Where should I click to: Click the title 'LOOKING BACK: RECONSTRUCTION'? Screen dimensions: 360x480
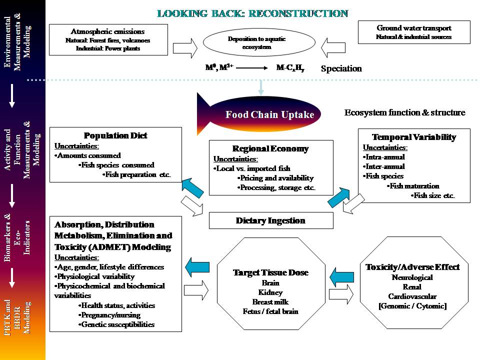[252, 13]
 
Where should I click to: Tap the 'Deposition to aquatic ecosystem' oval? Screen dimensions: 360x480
[257, 43]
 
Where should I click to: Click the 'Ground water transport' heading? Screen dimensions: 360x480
[414, 28]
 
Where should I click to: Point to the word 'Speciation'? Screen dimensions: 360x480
[341, 69]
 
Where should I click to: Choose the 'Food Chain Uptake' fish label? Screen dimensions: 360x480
[269, 114]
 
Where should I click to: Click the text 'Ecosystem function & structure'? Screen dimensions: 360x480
[404, 112]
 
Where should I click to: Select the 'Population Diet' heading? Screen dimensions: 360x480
[115, 135]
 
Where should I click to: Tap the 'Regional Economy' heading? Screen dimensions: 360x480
[270, 148]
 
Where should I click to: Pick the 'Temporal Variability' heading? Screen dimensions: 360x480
[414, 137]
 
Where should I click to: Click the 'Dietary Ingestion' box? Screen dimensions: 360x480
[270, 220]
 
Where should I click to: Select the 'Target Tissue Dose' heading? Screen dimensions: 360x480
[270, 272]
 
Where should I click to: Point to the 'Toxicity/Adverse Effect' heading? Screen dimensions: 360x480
[412, 266]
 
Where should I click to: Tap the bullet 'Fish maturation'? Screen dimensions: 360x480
[414, 186]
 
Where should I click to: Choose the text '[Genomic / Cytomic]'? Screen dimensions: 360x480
[412, 306]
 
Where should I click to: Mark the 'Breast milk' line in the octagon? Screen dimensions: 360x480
[270, 302]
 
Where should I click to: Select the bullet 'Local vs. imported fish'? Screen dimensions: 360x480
[254, 168]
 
